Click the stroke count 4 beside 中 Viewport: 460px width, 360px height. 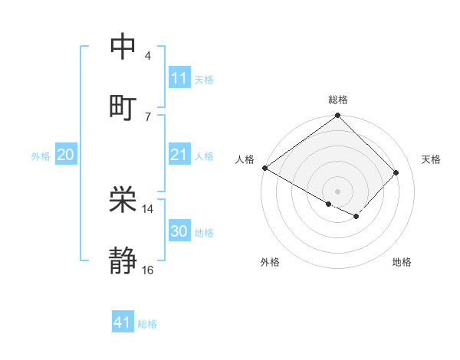pyautogui.click(x=147, y=56)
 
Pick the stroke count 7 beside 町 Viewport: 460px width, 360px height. pyautogui.click(x=147, y=116)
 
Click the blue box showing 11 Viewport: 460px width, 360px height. pyautogui.click(x=179, y=78)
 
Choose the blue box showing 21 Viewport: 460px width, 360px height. pyautogui.click(x=179, y=155)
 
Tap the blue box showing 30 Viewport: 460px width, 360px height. pyautogui.click(x=179, y=231)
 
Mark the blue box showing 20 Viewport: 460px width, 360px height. pyautogui.click(x=65, y=155)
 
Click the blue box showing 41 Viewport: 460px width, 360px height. pyautogui.click(x=123, y=322)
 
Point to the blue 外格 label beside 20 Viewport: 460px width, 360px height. pyautogui.click(x=41, y=156)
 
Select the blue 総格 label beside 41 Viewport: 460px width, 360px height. pyautogui.click(x=147, y=324)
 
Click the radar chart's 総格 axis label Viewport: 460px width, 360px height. pyautogui.click(x=337, y=100)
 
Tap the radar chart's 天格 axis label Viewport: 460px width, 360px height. pyautogui.click(x=432, y=159)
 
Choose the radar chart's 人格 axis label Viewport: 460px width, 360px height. pyautogui.click(x=245, y=159)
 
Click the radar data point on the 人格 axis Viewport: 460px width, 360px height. pyautogui.click(x=264, y=168)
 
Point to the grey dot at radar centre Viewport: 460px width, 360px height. pyautogui.click(x=337, y=191)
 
